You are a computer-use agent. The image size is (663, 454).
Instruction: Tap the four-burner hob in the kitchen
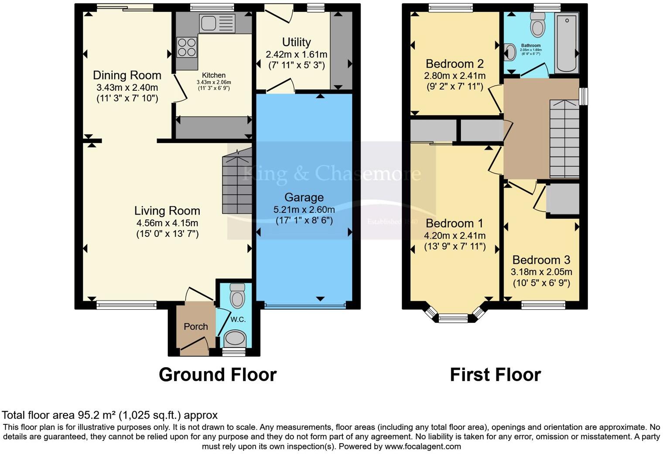click(x=187, y=47)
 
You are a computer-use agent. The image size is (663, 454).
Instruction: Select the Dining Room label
click(x=127, y=75)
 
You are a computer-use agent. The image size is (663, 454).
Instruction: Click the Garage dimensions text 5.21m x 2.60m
click(x=304, y=209)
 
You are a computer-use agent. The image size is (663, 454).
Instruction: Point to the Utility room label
click(x=296, y=42)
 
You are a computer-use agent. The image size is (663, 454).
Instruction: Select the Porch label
click(x=195, y=327)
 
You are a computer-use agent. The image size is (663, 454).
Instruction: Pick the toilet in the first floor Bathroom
click(x=538, y=25)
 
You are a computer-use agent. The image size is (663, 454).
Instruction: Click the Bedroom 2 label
click(x=455, y=64)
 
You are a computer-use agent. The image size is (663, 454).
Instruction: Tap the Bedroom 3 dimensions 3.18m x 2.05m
click(x=541, y=272)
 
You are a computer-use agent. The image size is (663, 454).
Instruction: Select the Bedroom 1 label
click(x=455, y=224)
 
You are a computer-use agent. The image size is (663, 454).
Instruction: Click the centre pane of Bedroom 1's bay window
click(x=453, y=318)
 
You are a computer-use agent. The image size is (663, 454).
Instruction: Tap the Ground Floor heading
click(x=217, y=375)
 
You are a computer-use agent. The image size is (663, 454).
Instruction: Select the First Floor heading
click(x=495, y=375)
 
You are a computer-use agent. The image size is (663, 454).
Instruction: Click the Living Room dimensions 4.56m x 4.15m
click(x=167, y=223)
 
